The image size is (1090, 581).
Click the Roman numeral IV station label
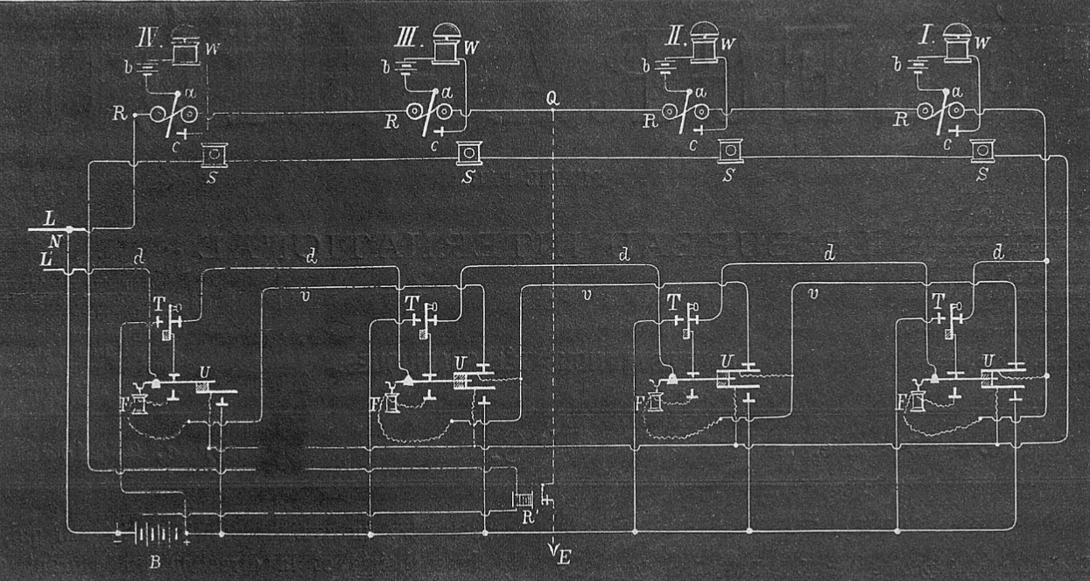point(146,39)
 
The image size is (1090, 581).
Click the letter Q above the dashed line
point(552,98)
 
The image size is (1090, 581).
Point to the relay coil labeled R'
point(522,500)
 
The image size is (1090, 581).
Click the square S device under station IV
point(213,155)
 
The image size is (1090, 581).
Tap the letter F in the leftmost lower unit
point(130,405)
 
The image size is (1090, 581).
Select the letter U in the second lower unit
point(460,362)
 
